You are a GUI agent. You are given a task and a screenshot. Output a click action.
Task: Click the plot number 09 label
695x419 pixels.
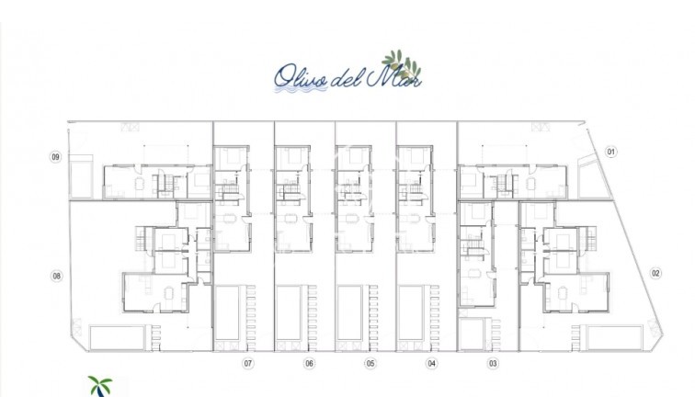pos(56,157)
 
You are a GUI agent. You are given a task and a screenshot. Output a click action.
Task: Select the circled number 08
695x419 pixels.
pos(56,275)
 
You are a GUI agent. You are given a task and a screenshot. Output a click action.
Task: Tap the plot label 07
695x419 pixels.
pos(247,364)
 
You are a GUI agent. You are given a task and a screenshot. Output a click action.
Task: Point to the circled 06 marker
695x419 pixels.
pos(309,364)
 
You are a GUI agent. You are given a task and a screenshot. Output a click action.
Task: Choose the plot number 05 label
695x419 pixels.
pos(370,364)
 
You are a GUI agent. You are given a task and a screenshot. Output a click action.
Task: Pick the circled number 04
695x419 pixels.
pos(431,364)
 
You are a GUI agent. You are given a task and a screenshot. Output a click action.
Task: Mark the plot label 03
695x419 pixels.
pos(493,364)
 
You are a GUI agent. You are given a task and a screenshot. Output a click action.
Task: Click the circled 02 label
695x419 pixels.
pos(655,273)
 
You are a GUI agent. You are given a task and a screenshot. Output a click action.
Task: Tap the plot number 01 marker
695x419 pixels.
pos(611,152)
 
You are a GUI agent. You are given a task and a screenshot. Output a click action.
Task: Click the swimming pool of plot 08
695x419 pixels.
pos(117,336)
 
